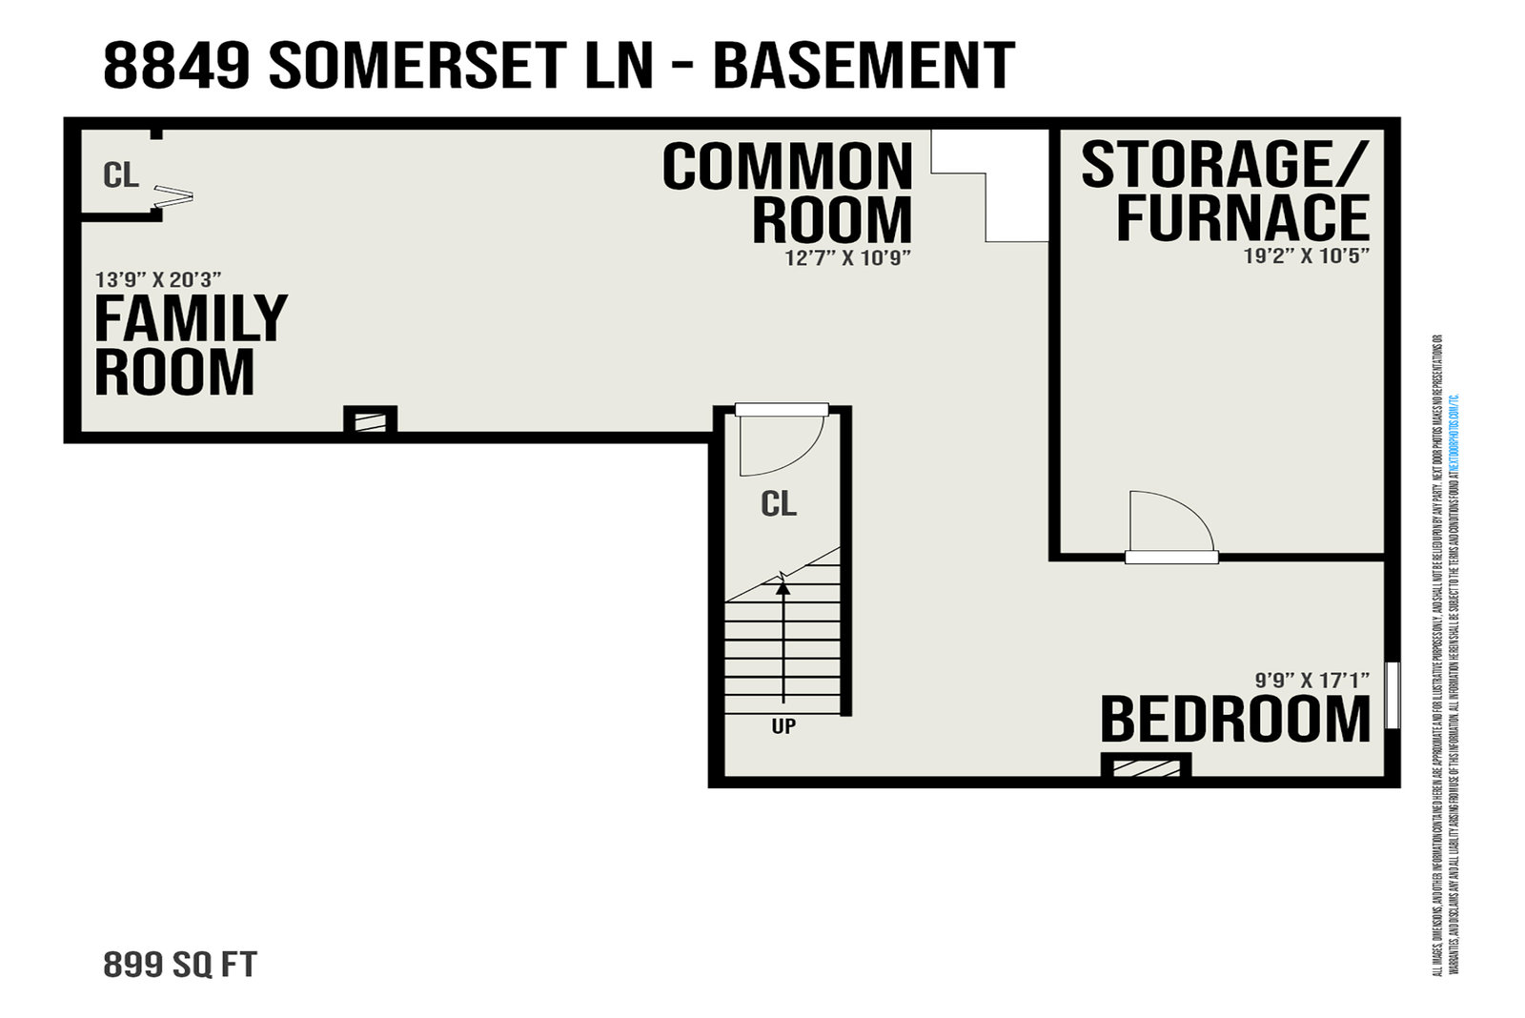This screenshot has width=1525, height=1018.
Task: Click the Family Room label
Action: click(x=190, y=345)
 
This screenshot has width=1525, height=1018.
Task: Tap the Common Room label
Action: click(x=787, y=193)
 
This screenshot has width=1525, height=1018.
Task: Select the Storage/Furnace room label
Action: click(x=1225, y=191)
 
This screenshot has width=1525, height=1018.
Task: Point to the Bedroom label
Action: click(x=1235, y=720)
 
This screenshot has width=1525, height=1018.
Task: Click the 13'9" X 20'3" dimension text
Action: click(x=158, y=279)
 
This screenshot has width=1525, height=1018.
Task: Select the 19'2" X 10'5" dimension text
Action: click(x=1306, y=255)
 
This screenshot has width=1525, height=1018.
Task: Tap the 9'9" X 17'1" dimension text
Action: click(x=1311, y=680)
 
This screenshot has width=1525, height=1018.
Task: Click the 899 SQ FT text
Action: click(x=180, y=965)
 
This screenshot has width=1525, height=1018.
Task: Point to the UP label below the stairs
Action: click(x=783, y=726)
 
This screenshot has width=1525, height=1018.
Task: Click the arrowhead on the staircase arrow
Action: click(x=783, y=587)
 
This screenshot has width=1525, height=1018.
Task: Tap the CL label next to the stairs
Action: click(x=779, y=504)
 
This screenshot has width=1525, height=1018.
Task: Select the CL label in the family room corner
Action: click(x=121, y=175)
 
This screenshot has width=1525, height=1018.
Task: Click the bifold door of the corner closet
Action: click(x=173, y=196)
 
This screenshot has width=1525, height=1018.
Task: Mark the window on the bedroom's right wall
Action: click(x=1393, y=695)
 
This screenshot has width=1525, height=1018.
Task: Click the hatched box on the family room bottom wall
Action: click(x=370, y=420)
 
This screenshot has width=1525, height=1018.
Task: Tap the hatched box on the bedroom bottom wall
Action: click(x=1145, y=766)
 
